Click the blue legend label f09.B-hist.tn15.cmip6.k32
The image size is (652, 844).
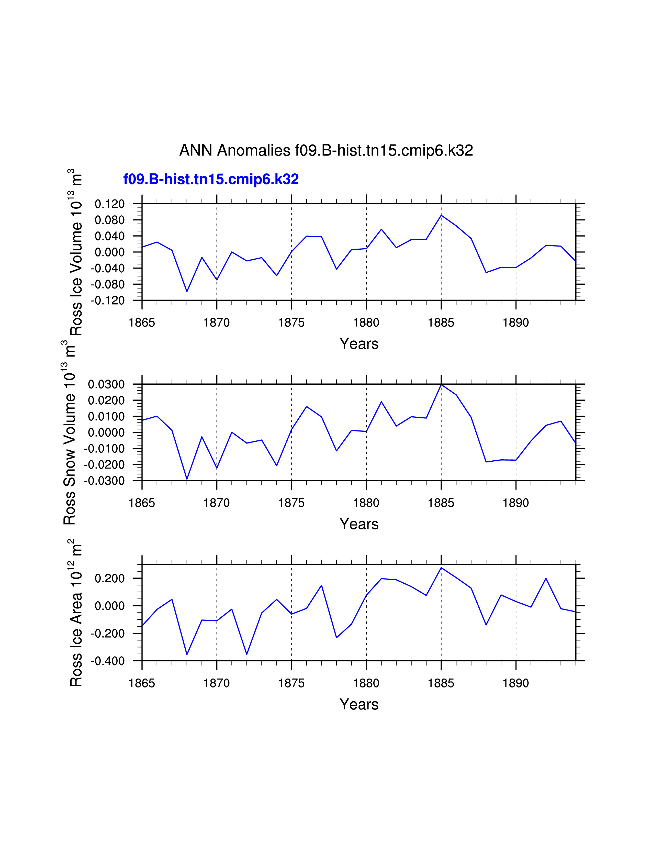click(x=211, y=179)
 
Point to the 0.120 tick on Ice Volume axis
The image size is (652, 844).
click(x=110, y=204)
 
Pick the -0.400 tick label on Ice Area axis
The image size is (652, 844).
click(x=108, y=661)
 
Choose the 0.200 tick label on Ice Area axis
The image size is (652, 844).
click(x=110, y=579)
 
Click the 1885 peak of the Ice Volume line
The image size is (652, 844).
click(x=441, y=215)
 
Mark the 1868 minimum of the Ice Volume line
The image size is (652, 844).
click(x=187, y=291)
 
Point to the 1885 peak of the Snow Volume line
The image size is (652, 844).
click(x=441, y=384)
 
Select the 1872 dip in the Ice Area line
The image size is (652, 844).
click(x=247, y=654)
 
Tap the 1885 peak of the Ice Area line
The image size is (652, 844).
click(x=441, y=568)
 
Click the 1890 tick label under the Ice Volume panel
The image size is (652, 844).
click(x=516, y=323)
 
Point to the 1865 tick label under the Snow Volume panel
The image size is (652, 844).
click(x=142, y=503)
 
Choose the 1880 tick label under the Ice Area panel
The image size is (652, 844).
click(x=366, y=683)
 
